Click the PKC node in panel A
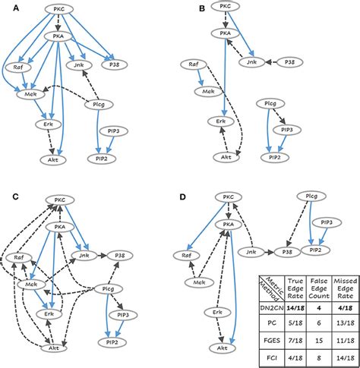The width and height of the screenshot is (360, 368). click(59, 9)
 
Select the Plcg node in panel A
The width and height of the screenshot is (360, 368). click(99, 104)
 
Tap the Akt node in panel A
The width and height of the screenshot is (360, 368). click(53, 159)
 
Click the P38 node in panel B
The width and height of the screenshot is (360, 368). click(289, 62)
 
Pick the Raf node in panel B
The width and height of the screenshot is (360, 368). click(194, 64)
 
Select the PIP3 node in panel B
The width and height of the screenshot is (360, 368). click(287, 130)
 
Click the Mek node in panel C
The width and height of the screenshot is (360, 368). click(31, 285)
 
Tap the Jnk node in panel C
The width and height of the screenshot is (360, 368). click(84, 256)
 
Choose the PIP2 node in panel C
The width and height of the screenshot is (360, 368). click(112, 342)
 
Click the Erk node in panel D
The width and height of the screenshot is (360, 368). click(217, 313)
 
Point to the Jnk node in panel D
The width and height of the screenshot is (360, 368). click(251, 252)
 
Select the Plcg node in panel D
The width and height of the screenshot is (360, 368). click(311, 196)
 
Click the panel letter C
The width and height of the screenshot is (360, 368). click(15, 197)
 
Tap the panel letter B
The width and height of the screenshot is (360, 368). click(202, 8)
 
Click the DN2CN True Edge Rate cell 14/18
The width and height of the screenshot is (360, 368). click(295, 308)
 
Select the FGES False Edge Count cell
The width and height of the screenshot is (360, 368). click(319, 341)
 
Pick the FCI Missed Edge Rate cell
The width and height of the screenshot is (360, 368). click(346, 358)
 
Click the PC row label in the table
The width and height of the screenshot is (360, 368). click(272, 323)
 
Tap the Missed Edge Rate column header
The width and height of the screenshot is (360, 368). click(346, 288)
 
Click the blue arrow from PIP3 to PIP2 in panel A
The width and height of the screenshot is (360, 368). click(110, 145)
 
